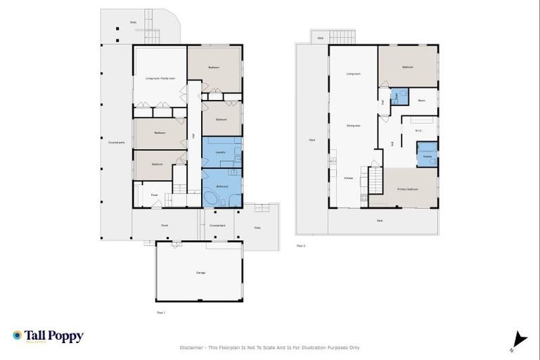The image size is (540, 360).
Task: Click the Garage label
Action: (200, 272)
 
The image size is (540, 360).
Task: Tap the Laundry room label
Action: (219, 151)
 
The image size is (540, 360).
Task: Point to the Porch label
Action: (165, 226)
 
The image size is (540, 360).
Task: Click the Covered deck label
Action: (217, 226)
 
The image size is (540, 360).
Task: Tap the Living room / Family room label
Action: (159, 78)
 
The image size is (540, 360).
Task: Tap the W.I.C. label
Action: (418, 129)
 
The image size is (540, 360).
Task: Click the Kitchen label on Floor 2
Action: (348, 179)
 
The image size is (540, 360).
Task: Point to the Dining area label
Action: (353, 126)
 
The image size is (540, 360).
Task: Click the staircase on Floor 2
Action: (375, 180)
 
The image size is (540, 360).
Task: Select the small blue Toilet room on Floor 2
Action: (395, 96)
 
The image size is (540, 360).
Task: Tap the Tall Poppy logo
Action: (48, 336)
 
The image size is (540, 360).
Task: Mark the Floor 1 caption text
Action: (160, 311)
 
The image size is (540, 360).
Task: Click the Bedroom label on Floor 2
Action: (407, 67)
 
